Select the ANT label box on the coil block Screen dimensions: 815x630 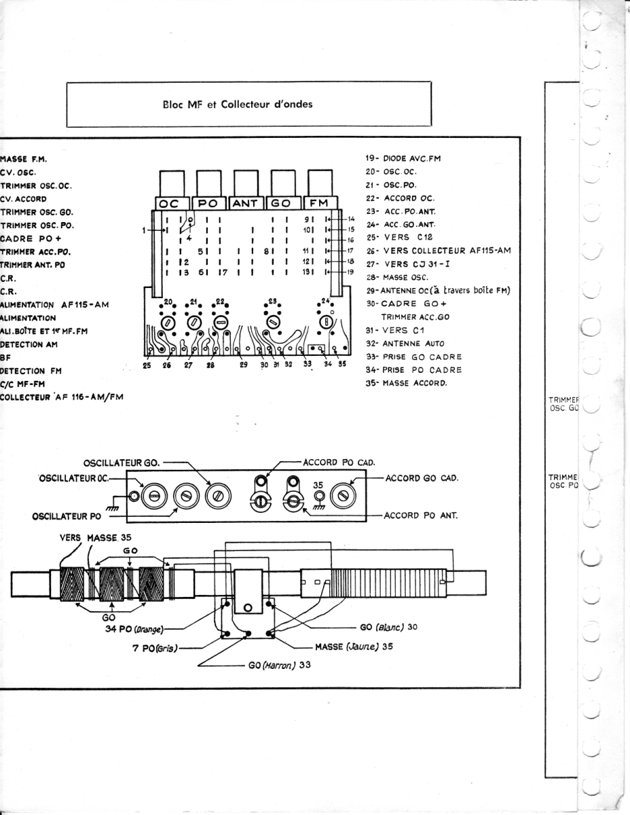click(x=246, y=203)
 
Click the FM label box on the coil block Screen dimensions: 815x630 click(x=320, y=203)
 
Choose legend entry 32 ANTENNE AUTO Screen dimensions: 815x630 click(x=405, y=344)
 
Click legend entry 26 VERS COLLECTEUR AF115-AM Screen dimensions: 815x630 click(x=438, y=251)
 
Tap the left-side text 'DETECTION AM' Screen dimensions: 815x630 click(x=32, y=344)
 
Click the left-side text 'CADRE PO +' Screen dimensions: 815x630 click(x=30, y=238)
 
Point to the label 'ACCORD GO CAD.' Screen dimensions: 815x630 click(x=422, y=477)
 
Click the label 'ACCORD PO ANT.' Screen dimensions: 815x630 click(x=421, y=515)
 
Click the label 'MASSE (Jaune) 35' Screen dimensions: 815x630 click(x=354, y=647)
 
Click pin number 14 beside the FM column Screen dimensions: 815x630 click(x=351, y=219)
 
